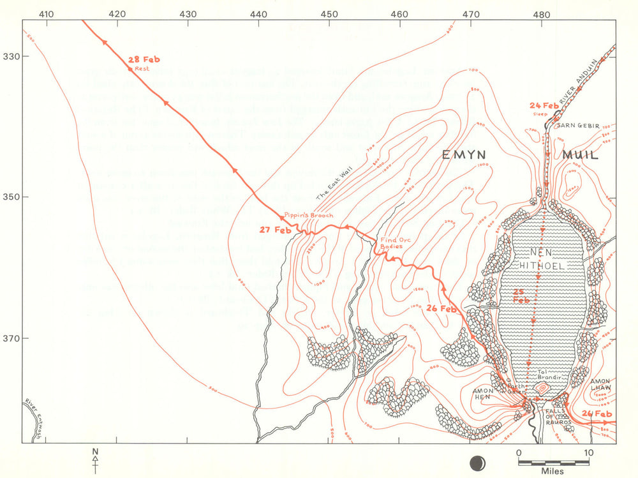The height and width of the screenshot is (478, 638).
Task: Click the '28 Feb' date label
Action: pos(144,60)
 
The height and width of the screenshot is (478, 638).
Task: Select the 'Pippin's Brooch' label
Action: pos(305,216)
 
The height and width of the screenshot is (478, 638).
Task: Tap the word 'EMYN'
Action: pos(465,155)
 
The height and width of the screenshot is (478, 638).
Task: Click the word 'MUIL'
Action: pos(580,155)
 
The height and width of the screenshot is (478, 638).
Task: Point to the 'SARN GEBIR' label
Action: pos(576,126)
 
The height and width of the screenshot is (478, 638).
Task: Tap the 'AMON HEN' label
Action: pos(482,394)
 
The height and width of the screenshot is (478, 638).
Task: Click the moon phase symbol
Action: pos(475,461)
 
